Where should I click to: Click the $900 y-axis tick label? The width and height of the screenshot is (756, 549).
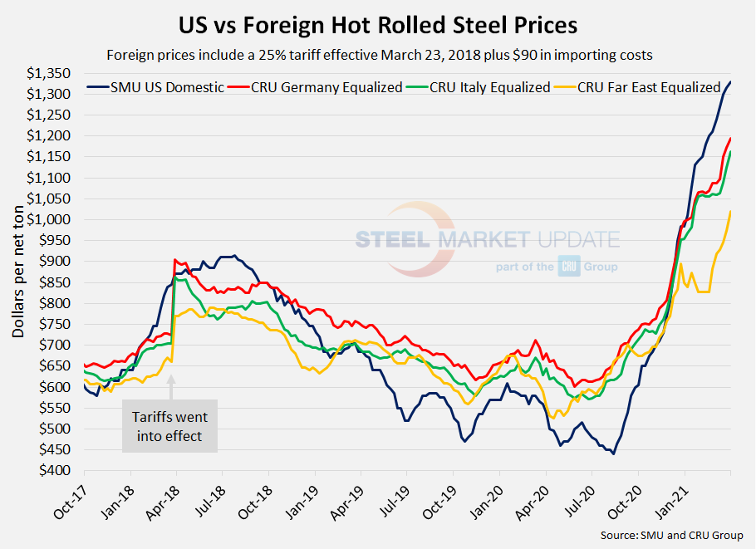[61, 261]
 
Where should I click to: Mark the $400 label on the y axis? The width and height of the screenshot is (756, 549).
[61, 470]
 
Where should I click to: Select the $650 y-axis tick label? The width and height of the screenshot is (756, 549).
[61, 365]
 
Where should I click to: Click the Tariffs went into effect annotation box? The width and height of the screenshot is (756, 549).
[169, 425]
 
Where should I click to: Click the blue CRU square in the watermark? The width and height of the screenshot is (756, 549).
[569, 267]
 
